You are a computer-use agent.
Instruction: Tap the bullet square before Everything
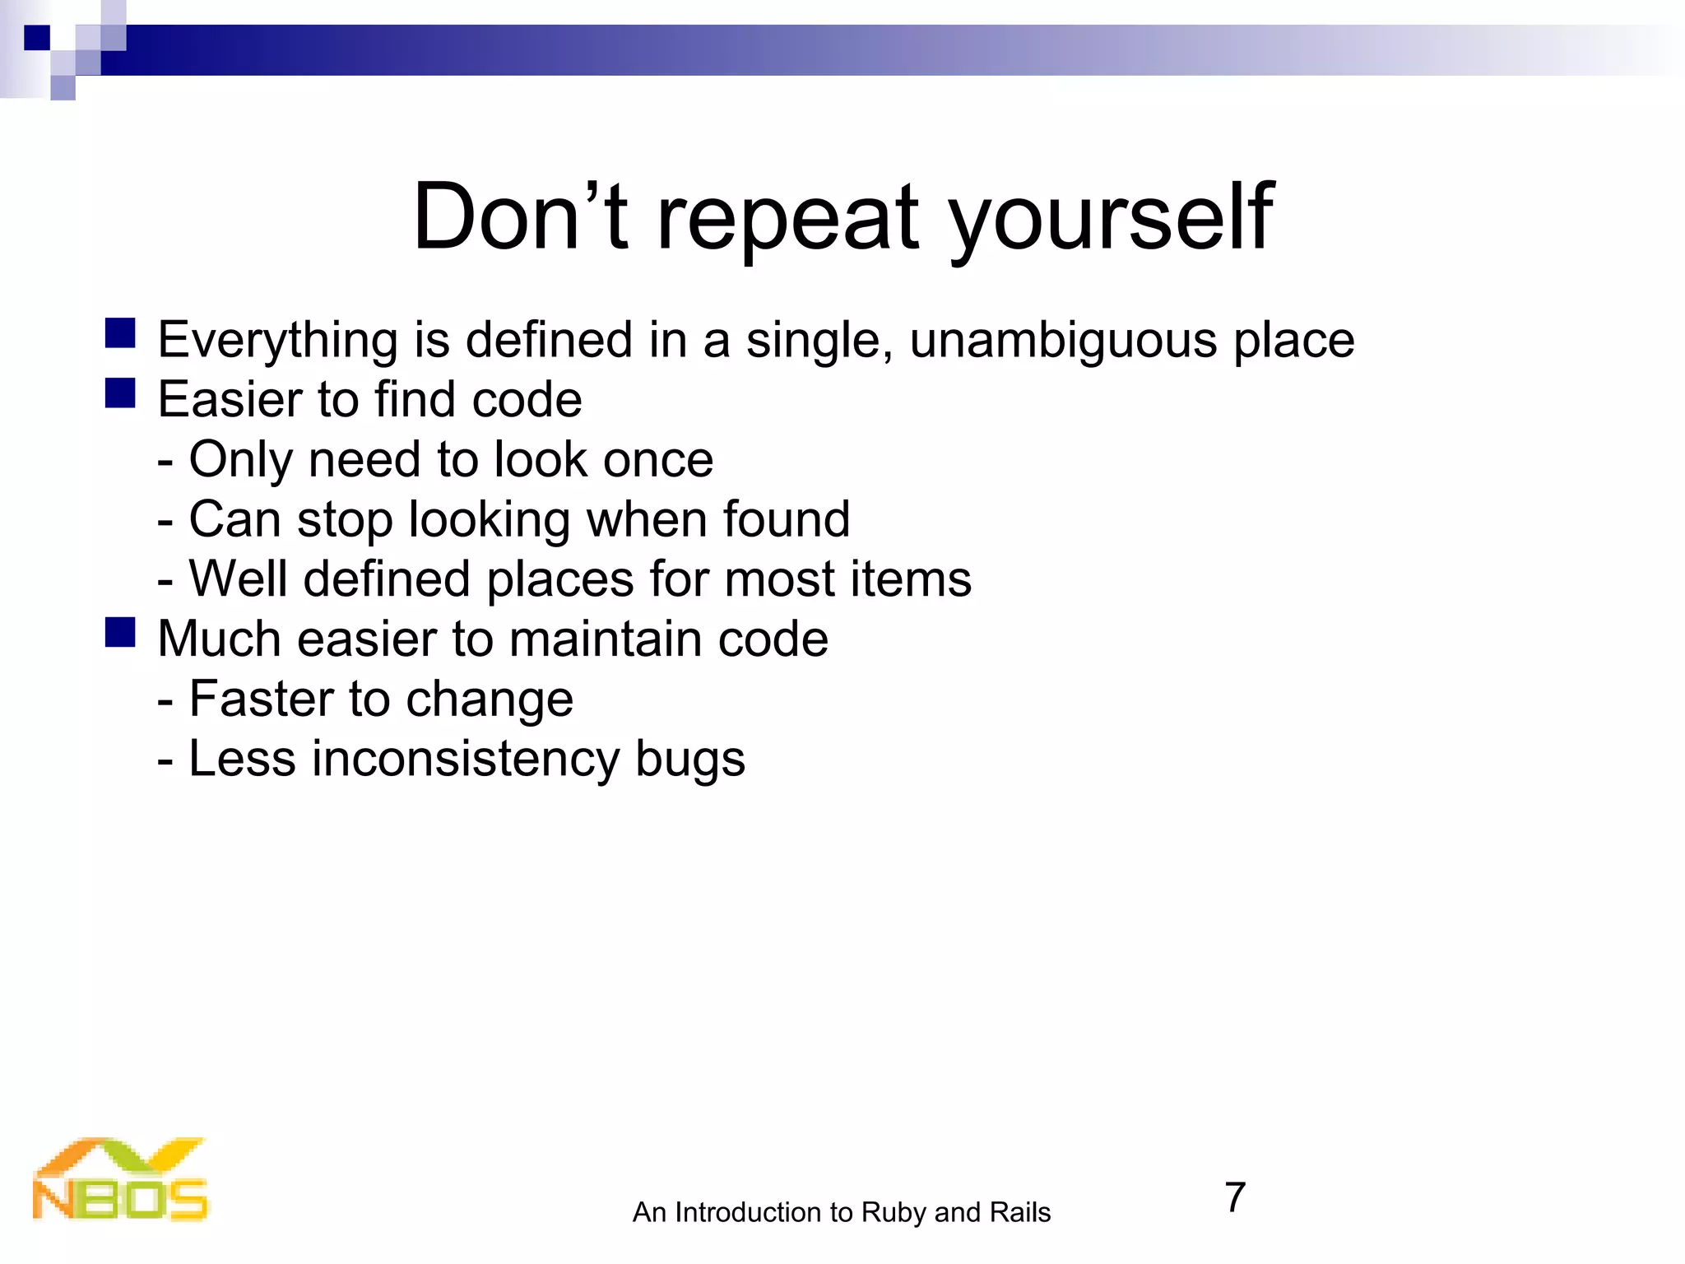coord(120,333)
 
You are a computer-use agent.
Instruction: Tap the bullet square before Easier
coord(120,393)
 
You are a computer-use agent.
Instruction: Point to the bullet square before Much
coord(120,633)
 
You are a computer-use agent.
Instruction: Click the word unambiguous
coord(1062,341)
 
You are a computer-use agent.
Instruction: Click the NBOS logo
coord(120,1180)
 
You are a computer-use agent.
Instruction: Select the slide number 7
coord(1235,1197)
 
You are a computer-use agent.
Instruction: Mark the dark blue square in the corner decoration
coord(37,38)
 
